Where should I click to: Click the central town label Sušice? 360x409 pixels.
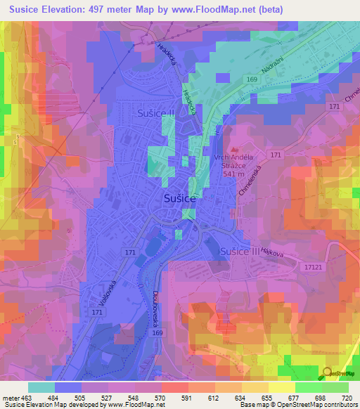coord(180,199)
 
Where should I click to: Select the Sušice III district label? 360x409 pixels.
coord(240,251)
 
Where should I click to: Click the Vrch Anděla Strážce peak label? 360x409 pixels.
coord(234,162)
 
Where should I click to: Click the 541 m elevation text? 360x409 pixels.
coord(234,175)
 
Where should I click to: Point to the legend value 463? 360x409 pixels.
coord(27,398)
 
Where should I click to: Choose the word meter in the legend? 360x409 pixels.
coord(11,398)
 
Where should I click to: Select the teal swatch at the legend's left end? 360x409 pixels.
coord(41,387)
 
